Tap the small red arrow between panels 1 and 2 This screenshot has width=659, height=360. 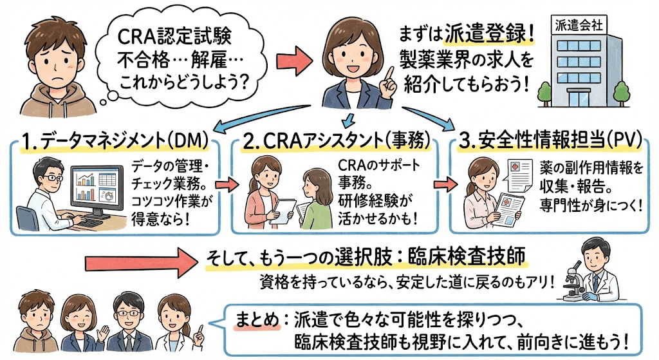point(225,185)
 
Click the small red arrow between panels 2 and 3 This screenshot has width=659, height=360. point(441,185)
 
